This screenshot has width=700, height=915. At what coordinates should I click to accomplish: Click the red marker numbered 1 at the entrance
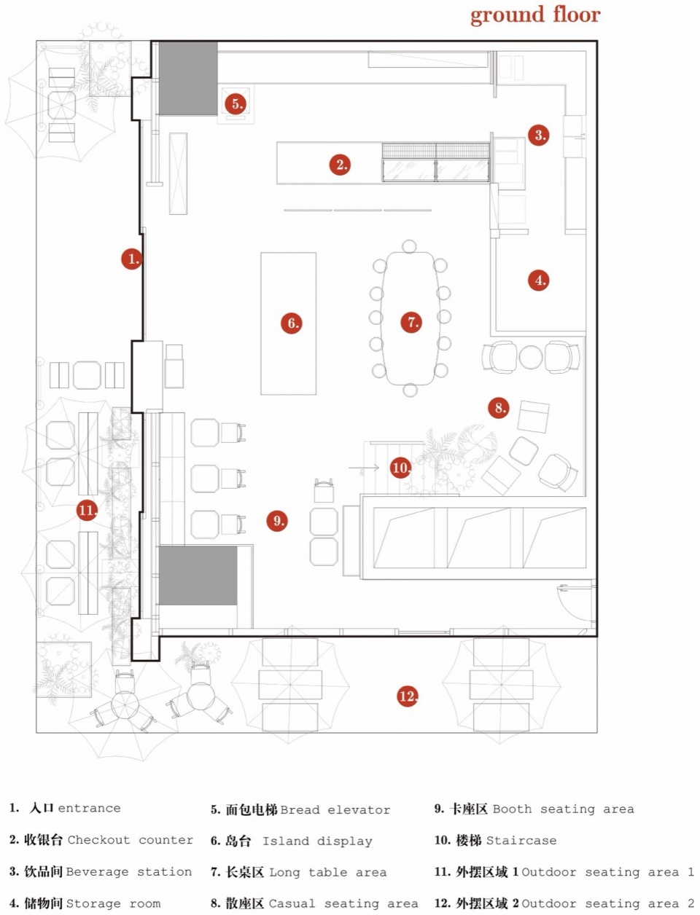(132, 259)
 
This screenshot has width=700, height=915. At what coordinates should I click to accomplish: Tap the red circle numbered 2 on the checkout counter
(340, 165)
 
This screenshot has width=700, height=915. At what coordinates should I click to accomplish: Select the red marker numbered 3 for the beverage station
(539, 135)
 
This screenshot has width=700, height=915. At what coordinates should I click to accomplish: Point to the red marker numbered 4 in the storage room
(539, 280)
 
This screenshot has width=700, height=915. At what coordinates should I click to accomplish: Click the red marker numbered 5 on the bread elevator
(236, 103)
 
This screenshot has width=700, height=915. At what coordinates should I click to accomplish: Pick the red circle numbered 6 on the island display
(292, 323)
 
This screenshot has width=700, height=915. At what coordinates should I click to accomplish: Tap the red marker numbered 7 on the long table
(411, 322)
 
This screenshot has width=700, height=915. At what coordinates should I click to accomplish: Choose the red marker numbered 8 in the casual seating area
(499, 408)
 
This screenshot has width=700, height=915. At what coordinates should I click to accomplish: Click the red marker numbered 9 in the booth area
(277, 521)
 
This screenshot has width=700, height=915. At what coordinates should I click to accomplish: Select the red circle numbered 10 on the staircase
(400, 468)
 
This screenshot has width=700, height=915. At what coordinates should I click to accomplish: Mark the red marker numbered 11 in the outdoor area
(87, 510)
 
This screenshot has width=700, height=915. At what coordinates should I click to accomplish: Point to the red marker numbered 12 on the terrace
(407, 696)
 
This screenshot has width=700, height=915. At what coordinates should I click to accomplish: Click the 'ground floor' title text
(535, 15)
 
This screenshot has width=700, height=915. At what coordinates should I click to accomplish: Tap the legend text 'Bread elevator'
(335, 810)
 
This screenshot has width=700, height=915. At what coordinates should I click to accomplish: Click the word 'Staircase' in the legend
(521, 840)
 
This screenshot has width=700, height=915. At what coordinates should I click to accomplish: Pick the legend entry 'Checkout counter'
(131, 839)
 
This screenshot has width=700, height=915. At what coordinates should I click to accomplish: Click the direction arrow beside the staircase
(364, 468)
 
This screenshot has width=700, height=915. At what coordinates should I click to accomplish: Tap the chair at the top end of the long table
(409, 246)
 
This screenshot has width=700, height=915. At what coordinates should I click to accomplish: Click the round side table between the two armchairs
(531, 357)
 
